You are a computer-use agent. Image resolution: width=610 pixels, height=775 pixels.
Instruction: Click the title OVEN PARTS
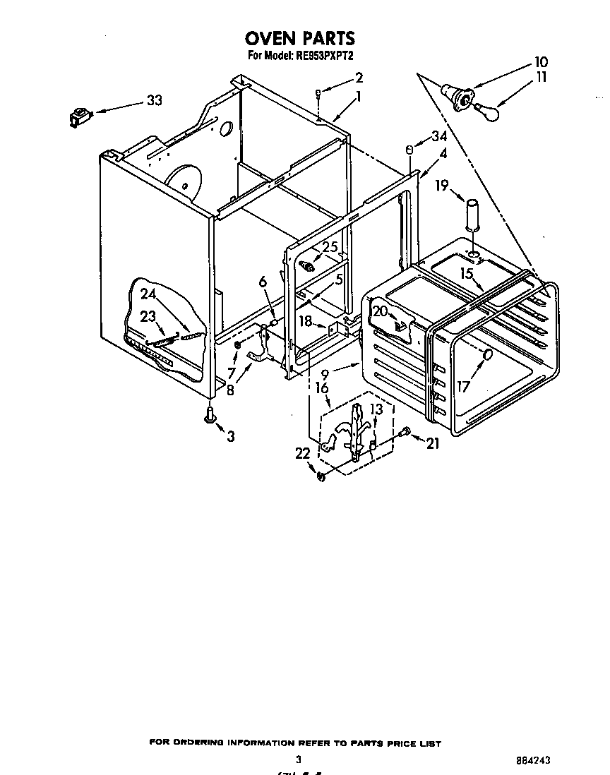pos(299,38)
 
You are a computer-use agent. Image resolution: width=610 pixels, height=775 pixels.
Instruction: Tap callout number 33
pos(153,100)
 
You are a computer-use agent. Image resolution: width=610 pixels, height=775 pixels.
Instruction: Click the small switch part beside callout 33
pos(78,115)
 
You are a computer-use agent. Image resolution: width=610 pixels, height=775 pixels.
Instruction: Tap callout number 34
pos(439,136)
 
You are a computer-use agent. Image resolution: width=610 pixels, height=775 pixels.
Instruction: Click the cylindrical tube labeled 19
pos(473,213)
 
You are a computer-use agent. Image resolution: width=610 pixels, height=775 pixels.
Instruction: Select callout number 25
pos(330,247)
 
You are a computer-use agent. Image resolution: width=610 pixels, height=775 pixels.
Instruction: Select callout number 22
pos(303,455)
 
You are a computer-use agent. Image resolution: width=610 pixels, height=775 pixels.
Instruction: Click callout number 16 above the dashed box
pos(321,388)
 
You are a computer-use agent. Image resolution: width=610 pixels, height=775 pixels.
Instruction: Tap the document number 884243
pos(533,761)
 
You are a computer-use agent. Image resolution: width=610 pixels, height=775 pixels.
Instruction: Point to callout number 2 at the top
pos(359,78)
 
